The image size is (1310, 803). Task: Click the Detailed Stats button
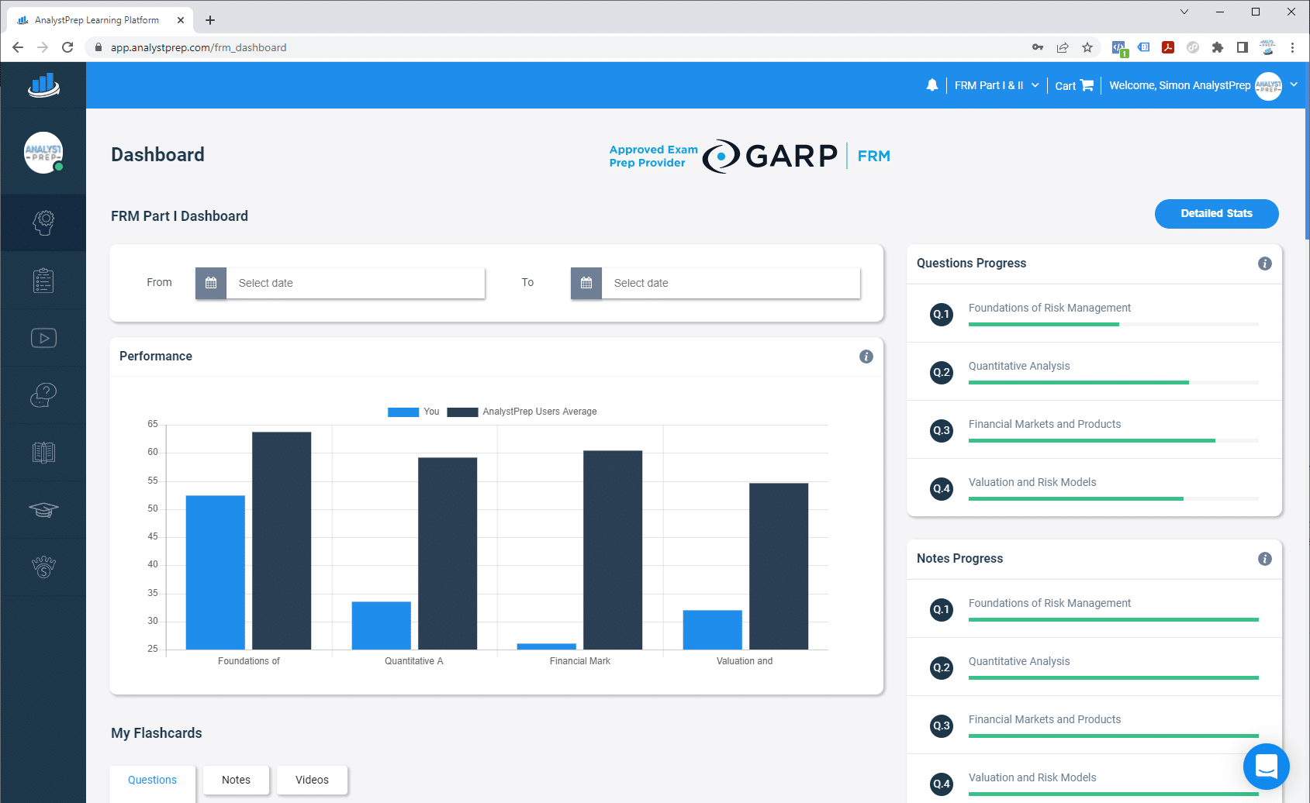pos(1216,214)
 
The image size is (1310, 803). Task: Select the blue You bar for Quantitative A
pos(381,625)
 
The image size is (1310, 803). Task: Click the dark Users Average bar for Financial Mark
pos(613,550)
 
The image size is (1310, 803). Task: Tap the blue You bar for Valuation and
pos(712,629)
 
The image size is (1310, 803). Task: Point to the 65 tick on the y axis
pos(153,424)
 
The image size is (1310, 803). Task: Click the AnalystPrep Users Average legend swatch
pos(462,412)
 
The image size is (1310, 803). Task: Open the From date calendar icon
pos(211,283)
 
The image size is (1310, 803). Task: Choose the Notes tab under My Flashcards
pos(236,780)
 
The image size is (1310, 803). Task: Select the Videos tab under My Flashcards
pos(312,780)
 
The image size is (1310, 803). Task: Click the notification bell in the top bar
pos(932,85)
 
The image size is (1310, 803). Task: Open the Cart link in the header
pos(1073,85)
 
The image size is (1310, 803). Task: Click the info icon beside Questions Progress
pos(1264,264)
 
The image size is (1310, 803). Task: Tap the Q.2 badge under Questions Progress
pos(942,372)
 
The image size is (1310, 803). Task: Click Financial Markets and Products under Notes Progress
pos(1044,719)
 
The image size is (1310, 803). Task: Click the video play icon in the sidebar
pos(43,338)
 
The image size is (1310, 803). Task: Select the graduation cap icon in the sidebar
pos(43,510)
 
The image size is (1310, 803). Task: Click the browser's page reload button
pos(67,47)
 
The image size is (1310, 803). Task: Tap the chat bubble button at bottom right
pos(1266,767)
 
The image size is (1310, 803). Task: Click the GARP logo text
pos(790,156)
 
